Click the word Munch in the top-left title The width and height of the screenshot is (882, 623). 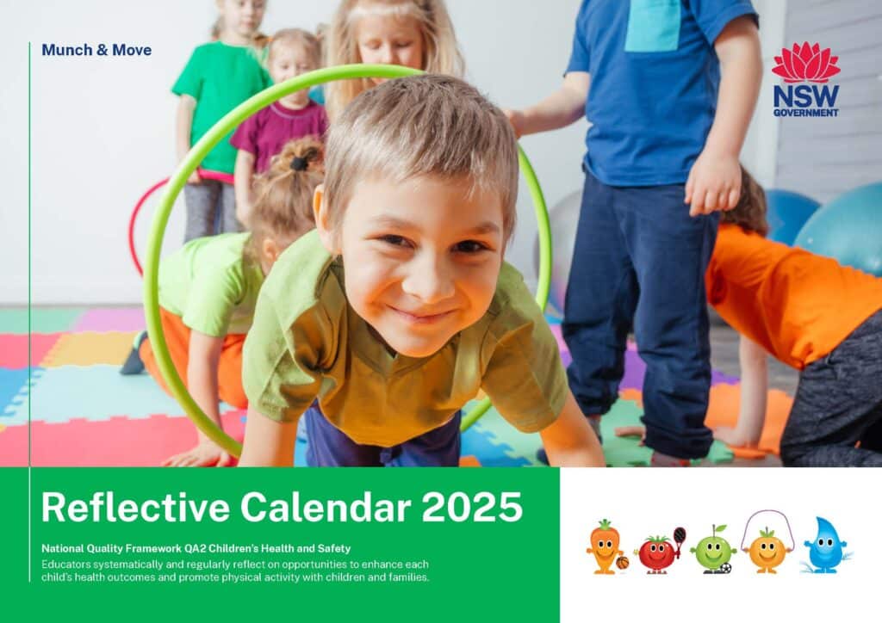(x=64, y=50)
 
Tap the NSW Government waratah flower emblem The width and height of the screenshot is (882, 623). (x=805, y=63)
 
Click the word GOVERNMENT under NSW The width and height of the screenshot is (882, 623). (x=805, y=112)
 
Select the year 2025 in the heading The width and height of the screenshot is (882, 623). (x=472, y=507)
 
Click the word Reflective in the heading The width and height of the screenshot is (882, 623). (x=134, y=507)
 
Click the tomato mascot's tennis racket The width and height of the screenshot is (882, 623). (x=680, y=538)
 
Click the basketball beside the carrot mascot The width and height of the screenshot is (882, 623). (x=622, y=563)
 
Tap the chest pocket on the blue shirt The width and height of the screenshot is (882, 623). (x=653, y=26)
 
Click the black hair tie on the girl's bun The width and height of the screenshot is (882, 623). (x=299, y=161)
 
